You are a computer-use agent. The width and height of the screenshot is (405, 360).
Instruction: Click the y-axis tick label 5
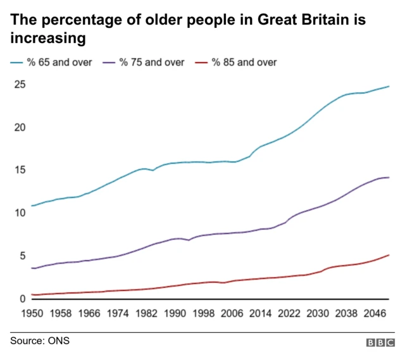pyautogui.click(x=22, y=256)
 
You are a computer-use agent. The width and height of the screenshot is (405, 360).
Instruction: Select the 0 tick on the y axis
pyautogui.click(x=22, y=298)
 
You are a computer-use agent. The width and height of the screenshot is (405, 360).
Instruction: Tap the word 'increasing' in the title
pyautogui.click(x=48, y=38)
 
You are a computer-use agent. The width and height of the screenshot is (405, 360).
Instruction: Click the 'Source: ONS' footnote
pyautogui.click(x=39, y=341)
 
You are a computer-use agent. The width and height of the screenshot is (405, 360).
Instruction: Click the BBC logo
pyautogui.click(x=380, y=342)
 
